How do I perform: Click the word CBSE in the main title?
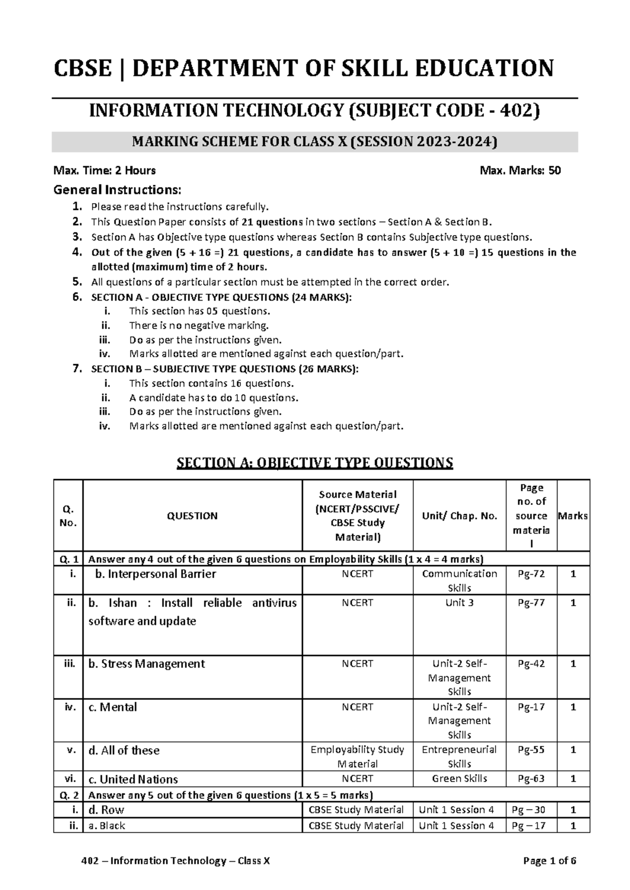(82, 69)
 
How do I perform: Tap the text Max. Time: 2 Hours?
(104, 171)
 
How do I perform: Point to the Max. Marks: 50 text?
(520, 171)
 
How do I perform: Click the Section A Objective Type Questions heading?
(314, 463)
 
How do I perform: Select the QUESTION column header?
(192, 516)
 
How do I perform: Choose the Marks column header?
(573, 516)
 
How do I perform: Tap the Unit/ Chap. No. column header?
(459, 516)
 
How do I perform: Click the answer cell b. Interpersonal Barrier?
(155, 574)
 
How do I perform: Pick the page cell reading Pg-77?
(531, 603)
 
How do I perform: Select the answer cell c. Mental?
(112, 707)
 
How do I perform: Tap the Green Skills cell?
(459, 779)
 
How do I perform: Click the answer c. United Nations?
(133, 779)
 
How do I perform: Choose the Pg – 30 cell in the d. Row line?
(531, 810)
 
